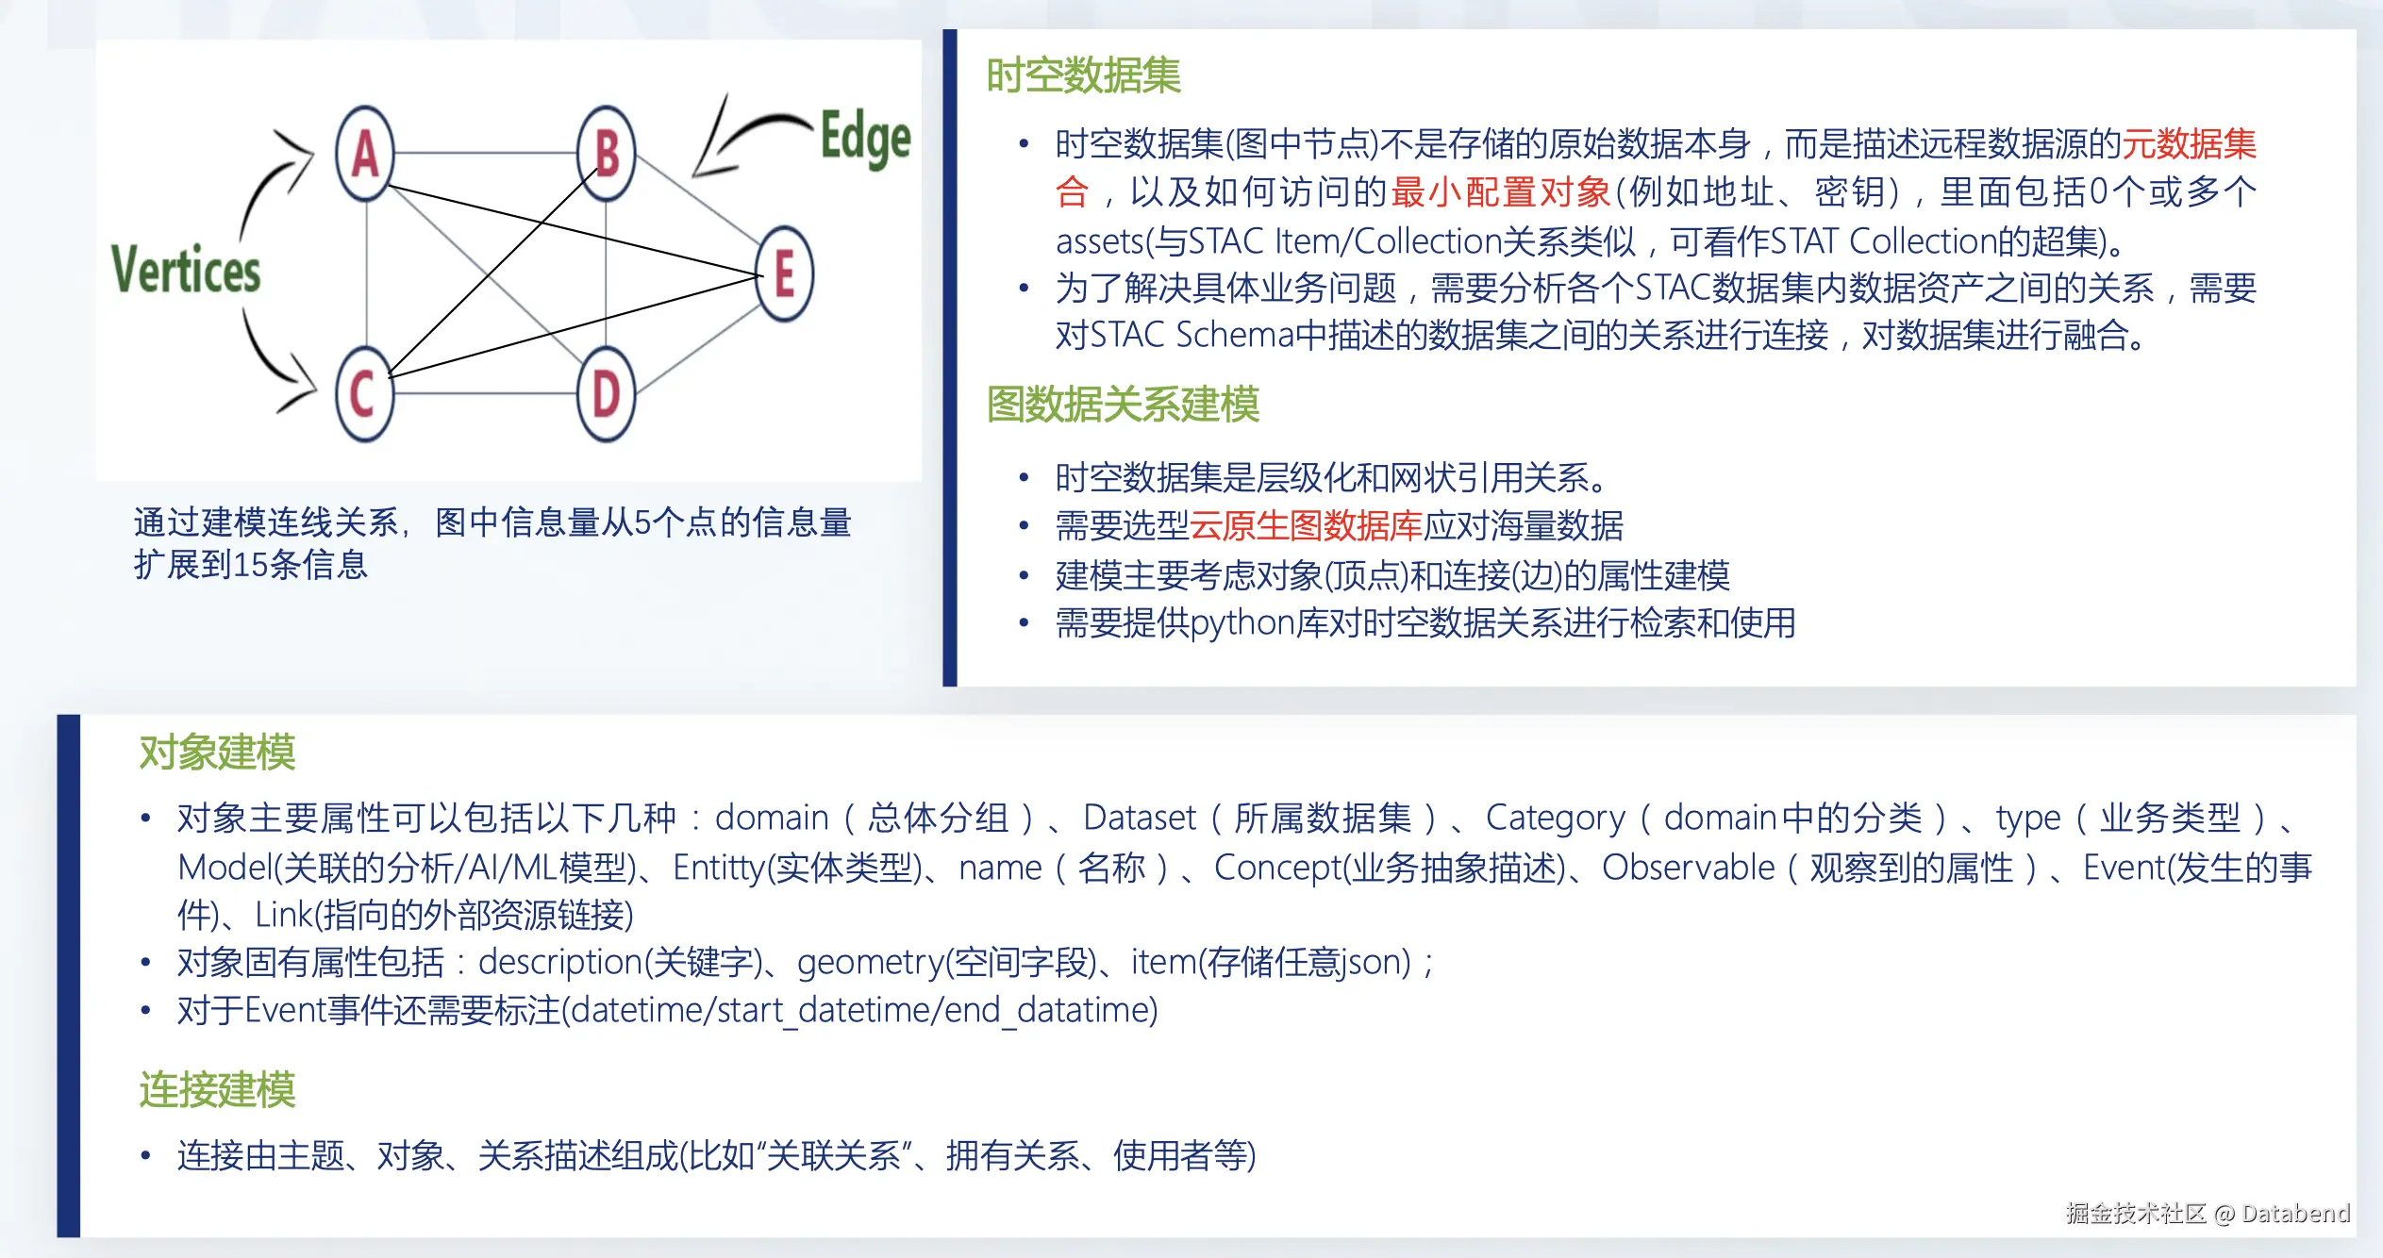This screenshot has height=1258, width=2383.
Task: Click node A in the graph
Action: coord(365,154)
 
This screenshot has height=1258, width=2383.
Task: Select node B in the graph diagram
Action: coord(607,154)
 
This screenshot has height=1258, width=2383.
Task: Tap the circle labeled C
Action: coord(364,394)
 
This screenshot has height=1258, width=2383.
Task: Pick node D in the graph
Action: coord(607,394)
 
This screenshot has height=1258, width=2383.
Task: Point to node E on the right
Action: coord(784,274)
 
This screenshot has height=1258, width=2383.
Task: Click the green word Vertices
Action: coord(186,270)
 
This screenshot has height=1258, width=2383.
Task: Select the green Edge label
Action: coord(865,138)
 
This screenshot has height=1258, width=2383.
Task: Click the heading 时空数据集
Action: coord(1083,75)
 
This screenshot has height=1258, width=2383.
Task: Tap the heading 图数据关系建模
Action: coord(1123,405)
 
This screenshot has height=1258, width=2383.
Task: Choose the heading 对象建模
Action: coord(217,753)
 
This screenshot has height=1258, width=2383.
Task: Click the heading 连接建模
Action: coord(217,1090)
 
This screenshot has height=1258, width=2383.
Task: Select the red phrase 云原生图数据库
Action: coord(1305,526)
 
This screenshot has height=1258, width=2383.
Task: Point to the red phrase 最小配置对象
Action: coord(1500,192)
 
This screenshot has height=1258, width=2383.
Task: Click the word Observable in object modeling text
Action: coord(1688,868)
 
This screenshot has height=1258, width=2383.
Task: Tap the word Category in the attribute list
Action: coord(1556,819)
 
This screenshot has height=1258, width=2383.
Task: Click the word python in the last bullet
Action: coord(1242,624)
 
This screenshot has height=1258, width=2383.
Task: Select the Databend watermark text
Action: coord(2295,1213)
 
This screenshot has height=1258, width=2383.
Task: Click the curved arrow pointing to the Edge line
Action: coord(745,132)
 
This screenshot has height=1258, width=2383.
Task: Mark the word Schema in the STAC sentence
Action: coord(1235,335)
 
